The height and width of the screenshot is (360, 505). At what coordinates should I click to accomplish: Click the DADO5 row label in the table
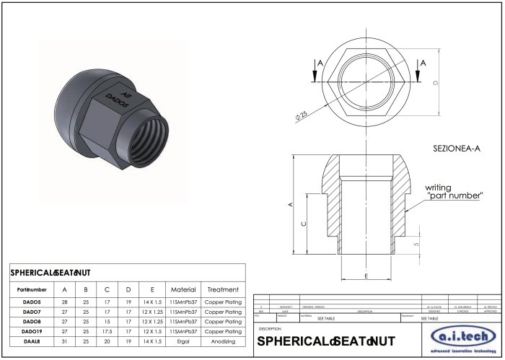click(x=31, y=302)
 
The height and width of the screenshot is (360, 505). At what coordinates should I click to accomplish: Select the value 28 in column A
click(x=65, y=302)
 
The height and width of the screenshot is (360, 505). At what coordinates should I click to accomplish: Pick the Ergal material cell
click(x=183, y=341)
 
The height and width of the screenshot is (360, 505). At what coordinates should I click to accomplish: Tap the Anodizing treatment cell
click(x=223, y=341)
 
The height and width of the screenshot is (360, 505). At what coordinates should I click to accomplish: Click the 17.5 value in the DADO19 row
click(x=107, y=331)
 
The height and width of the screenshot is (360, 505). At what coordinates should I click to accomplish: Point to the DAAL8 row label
click(x=31, y=341)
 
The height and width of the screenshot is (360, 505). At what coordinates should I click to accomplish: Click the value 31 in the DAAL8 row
click(x=65, y=341)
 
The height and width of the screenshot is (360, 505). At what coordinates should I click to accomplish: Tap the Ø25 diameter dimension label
click(x=302, y=114)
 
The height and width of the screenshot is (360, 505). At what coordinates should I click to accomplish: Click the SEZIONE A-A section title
click(x=456, y=149)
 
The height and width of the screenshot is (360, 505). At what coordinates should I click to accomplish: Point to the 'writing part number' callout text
click(x=451, y=191)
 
